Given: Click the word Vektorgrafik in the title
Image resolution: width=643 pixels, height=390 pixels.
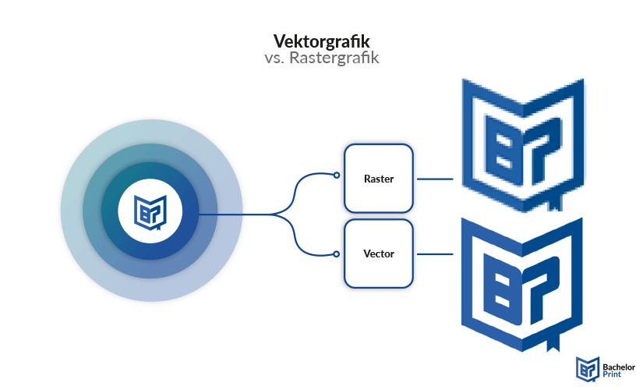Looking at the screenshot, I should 321,41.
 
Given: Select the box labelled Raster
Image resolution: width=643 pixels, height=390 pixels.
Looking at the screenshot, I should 379,179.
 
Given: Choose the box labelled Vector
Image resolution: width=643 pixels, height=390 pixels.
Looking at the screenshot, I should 379,254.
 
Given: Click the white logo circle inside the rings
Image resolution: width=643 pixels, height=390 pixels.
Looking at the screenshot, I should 150,213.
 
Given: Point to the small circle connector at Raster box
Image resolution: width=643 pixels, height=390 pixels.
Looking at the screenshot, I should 337,175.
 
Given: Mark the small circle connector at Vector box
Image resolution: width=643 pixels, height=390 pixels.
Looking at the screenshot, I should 337,253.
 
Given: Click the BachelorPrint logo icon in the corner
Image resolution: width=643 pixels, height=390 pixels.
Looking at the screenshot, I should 586,369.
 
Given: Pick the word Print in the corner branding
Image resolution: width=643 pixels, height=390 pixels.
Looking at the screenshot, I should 612,374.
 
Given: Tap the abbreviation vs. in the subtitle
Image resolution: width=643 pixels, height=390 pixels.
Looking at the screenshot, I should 274,58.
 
